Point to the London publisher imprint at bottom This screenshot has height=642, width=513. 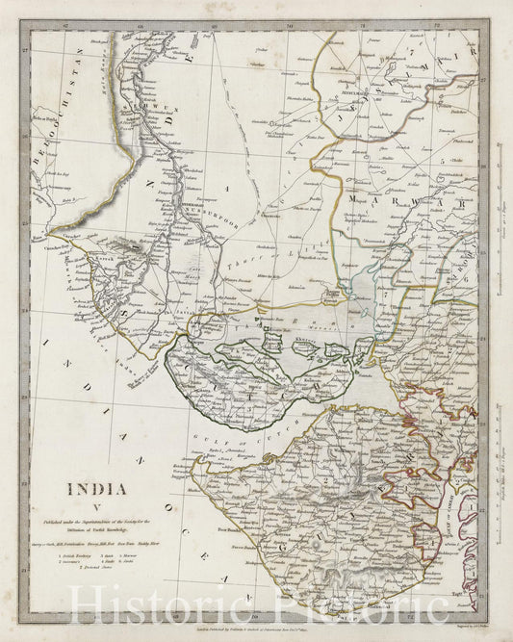tap(260, 627)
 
